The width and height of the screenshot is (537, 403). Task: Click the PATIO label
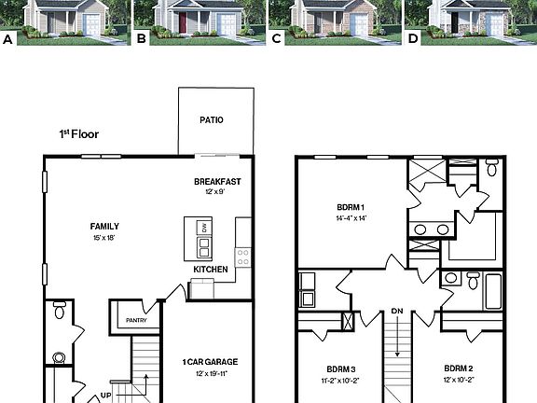coord(212,120)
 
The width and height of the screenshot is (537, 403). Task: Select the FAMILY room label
coord(104,226)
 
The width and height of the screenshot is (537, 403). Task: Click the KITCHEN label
coord(211,270)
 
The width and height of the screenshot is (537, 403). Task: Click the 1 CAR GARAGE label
coord(211,362)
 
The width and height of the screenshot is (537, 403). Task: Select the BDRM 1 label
coord(351,207)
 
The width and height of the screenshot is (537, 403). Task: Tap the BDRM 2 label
coord(460,368)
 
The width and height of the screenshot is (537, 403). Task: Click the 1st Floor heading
coord(79,134)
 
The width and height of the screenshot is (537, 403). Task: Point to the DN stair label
coord(397,311)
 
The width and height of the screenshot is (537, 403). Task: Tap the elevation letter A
coord(8,39)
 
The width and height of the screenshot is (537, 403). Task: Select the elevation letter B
coord(142,39)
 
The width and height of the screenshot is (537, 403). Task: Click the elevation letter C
coord(276,39)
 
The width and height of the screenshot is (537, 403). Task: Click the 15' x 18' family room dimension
coord(104,238)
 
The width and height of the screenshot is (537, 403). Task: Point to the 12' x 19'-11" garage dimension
coord(211,374)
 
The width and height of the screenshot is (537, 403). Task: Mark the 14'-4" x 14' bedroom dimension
coord(351,218)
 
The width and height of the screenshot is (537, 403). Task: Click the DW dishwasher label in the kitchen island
coord(204,229)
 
